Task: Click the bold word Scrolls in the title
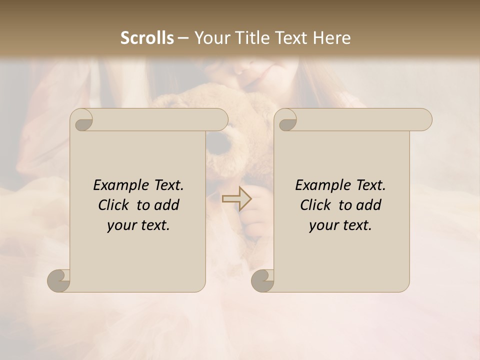click(147, 38)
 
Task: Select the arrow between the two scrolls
click(236, 199)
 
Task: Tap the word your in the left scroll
click(121, 225)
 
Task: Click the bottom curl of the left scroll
click(59, 280)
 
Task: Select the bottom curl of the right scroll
click(262, 280)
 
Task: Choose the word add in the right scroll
click(368, 205)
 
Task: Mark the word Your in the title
click(210, 38)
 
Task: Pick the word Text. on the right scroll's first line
click(370, 185)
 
